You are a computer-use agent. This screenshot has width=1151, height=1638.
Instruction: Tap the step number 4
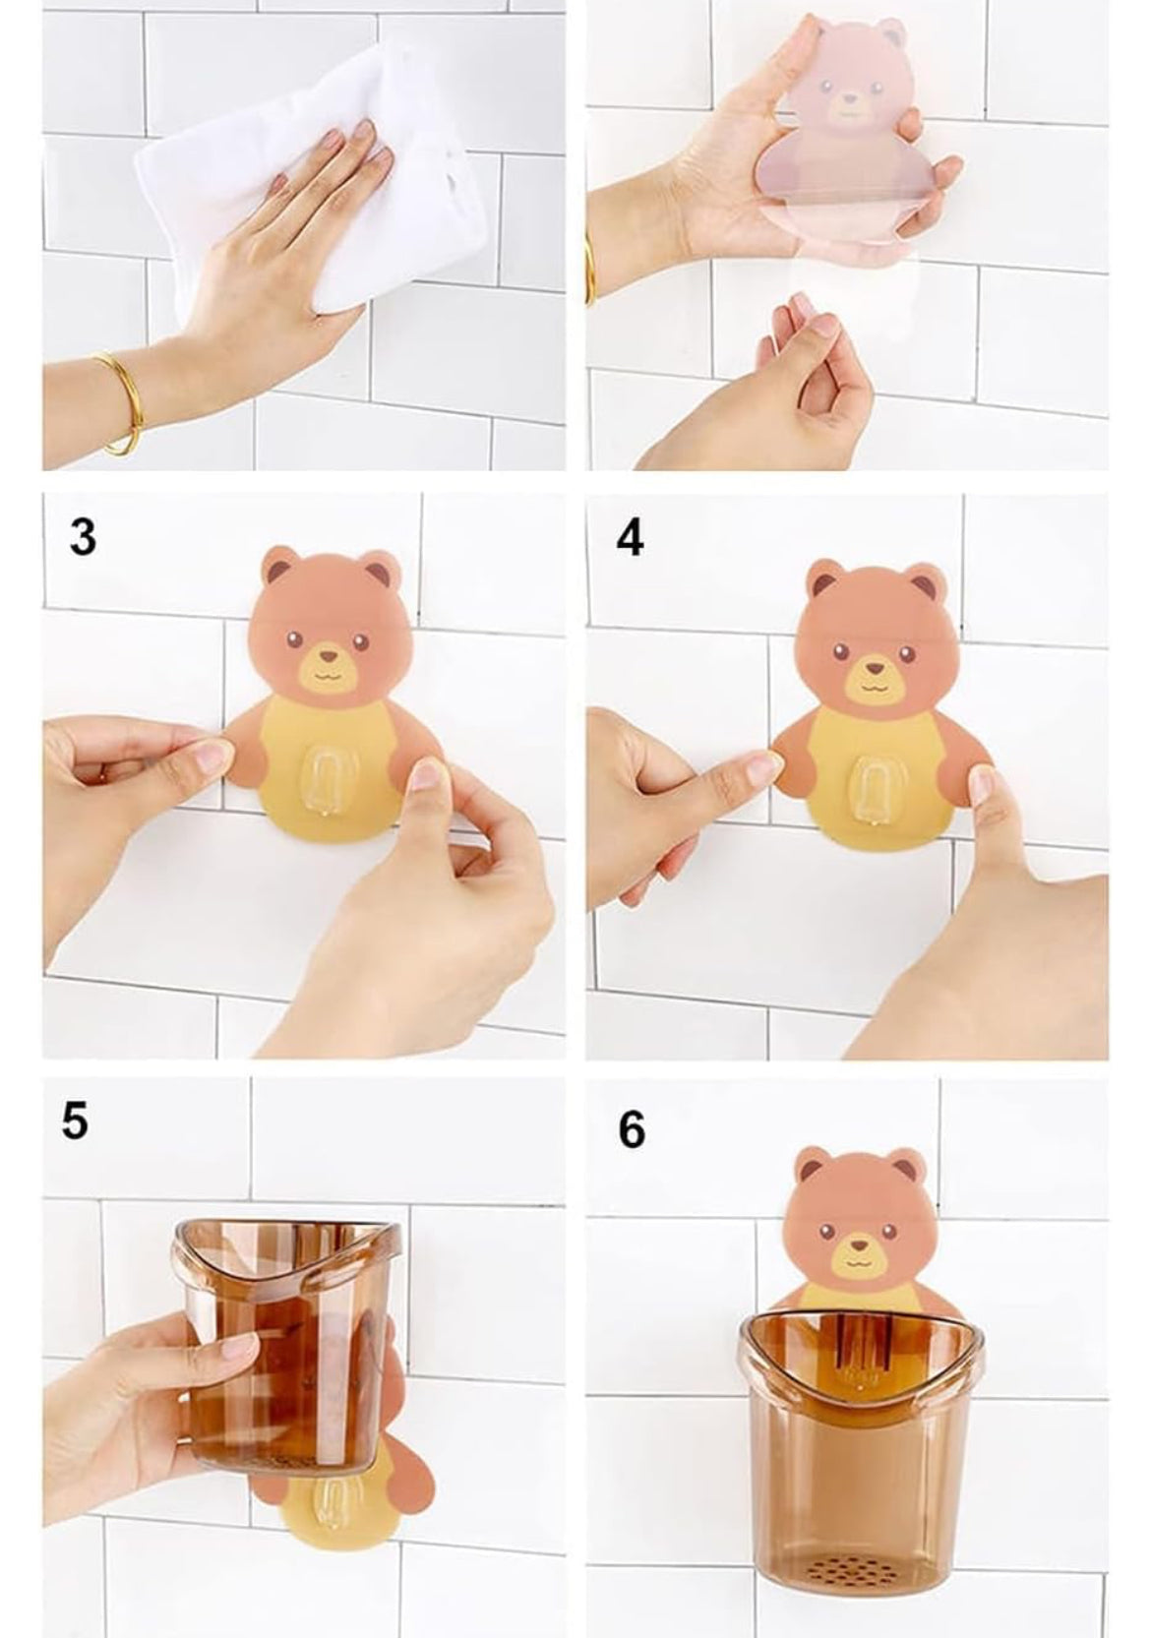pos(630,538)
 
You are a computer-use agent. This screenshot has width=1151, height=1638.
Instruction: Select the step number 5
pos(75,1121)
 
